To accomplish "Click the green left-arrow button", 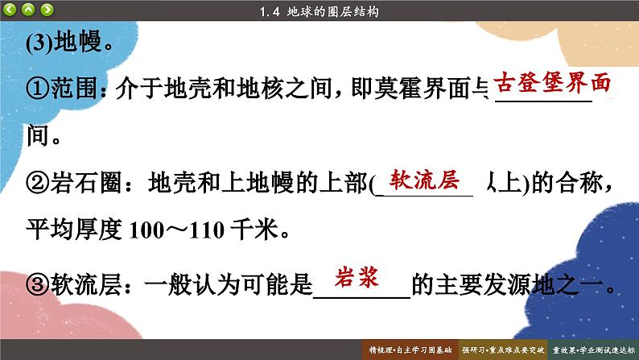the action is coord(10,10).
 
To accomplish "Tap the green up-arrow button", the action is coord(28,10).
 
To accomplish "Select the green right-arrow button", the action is coord(47,10).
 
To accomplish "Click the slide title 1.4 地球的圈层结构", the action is coord(319,11).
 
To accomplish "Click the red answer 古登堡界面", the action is coord(552,83).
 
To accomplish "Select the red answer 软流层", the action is coord(424,180).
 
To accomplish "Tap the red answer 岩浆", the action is coord(357,277).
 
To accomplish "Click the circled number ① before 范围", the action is coord(38,89).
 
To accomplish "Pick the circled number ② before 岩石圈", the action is coord(38,183).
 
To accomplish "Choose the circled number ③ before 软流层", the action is coord(38,284).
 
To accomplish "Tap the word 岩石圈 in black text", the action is coord(86,183).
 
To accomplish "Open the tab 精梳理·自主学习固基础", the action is coord(410,350).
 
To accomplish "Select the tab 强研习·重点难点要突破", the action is coord(503,350).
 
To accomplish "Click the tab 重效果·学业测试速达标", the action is coord(593,350).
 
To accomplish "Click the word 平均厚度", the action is coord(74,230).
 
